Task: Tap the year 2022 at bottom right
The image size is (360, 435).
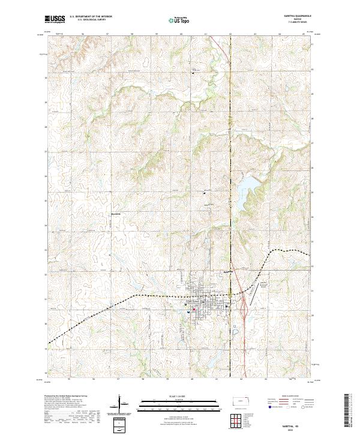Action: click(x=294, y=430)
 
